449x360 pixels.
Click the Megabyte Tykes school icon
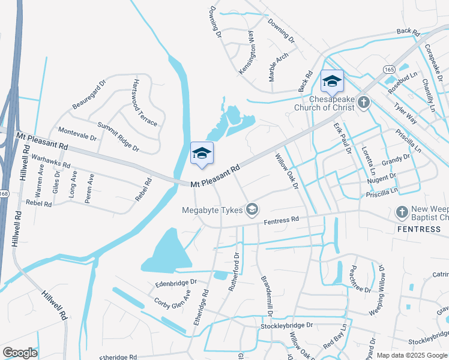pos(253,209)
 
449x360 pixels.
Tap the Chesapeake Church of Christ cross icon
pos(363,103)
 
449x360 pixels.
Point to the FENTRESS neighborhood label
pos(419,229)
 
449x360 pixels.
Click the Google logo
pos(20,353)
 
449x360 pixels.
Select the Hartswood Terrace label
pos(145,103)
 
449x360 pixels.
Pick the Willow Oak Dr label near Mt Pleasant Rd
pos(286,171)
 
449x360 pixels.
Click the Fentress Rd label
pos(282,221)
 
